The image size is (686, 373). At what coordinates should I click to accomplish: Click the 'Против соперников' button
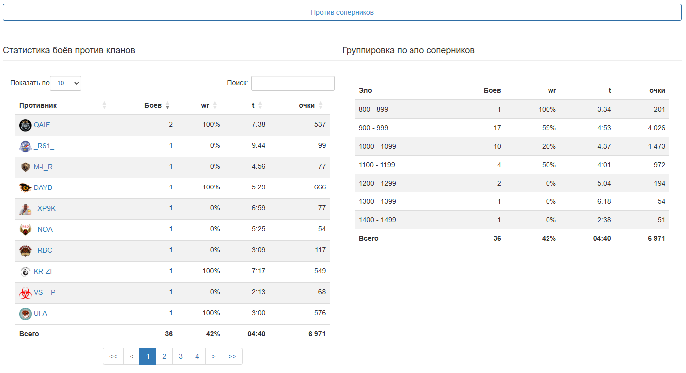(342, 12)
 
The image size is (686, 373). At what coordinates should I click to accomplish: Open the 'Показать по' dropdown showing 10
(65, 83)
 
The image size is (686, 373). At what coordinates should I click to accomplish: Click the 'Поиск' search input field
(292, 83)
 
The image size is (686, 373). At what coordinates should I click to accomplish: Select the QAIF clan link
(42, 125)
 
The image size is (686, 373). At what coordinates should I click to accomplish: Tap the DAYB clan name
(43, 187)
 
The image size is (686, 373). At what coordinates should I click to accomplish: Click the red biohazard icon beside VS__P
(25, 293)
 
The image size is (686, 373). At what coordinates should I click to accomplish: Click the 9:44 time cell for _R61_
(258, 146)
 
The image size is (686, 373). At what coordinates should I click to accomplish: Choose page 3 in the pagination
(181, 356)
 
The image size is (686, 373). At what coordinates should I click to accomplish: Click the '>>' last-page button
(232, 356)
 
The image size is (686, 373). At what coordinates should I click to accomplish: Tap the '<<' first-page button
(113, 356)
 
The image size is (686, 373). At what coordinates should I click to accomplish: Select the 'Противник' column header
(38, 105)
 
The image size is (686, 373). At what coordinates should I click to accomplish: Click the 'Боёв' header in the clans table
(153, 105)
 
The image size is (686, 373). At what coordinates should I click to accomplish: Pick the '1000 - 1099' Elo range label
(377, 146)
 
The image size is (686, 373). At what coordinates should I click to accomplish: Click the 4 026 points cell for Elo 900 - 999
(656, 128)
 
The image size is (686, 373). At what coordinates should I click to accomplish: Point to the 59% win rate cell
(549, 128)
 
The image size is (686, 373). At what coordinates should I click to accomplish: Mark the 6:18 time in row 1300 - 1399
(604, 201)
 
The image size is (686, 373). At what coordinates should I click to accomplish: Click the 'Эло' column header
(365, 90)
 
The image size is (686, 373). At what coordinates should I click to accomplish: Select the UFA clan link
(40, 313)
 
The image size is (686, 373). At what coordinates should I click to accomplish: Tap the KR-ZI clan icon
(25, 271)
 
